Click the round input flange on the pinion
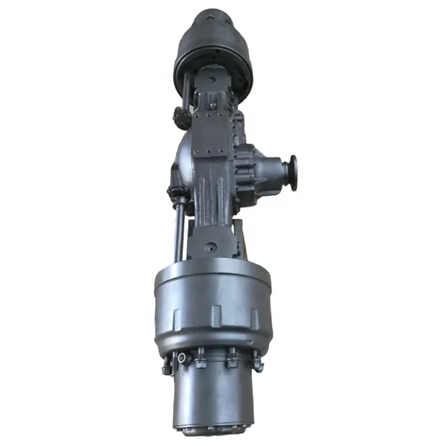coord(292,172)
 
